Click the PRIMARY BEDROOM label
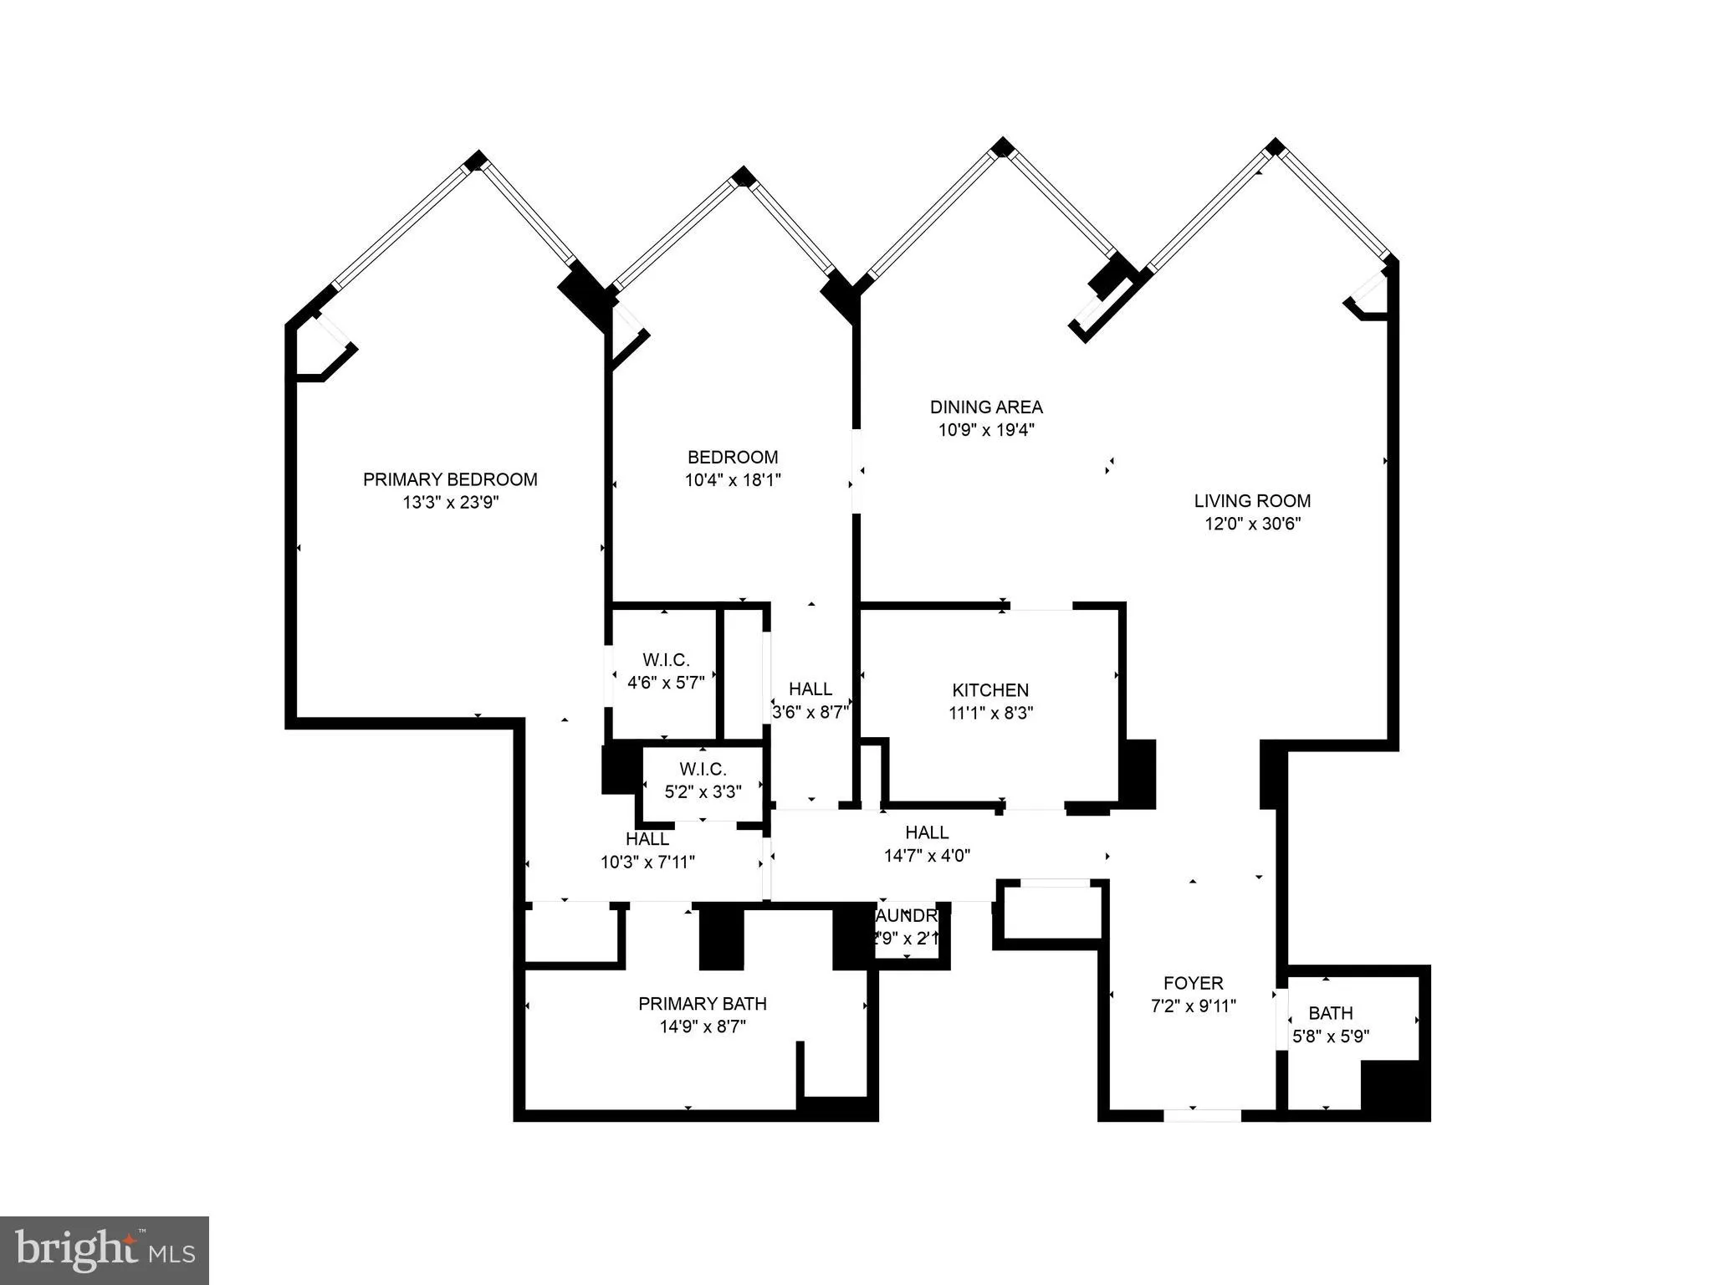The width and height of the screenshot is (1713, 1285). pyautogui.click(x=450, y=479)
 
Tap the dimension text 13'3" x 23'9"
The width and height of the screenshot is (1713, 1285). pyautogui.click(x=450, y=503)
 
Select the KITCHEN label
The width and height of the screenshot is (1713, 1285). pyautogui.click(x=990, y=690)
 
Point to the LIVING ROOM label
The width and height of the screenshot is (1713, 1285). pyautogui.click(x=1252, y=501)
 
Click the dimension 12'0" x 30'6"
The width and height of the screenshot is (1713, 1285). pyautogui.click(x=1252, y=525)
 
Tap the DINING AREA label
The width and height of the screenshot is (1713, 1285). pyautogui.click(x=986, y=407)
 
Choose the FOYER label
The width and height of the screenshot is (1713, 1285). pyautogui.click(x=1193, y=983)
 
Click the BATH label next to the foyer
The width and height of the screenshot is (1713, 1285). pyautogui.click(x=1330, y=1013)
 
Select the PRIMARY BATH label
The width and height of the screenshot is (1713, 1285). pyautogui.click(x=702, y=1004)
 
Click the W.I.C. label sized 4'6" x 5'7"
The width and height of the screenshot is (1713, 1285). pyautogui.click(x=666, y=660)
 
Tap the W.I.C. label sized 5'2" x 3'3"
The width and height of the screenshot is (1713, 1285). pyautogui.click(x=703, y=769)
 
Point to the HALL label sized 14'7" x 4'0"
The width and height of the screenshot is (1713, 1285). pyautogui.click(x=927, y=832)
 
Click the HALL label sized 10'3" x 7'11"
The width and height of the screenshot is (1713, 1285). pyautogui.click(x=647, y=838)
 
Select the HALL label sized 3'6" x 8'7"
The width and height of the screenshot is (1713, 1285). pyautogui.click(x=810, y=689)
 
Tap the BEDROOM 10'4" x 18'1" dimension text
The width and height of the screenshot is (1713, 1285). pyautogui.click(x=733, y=480)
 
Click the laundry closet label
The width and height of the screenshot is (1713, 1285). pyautogui.click(x=908, y=915)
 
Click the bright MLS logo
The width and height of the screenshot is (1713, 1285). pyautogui.click(x=104, y=1250)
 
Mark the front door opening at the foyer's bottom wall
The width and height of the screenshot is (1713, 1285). pyautogui.click(x=1202, y=1115)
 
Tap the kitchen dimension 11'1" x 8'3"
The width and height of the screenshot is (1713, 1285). pyautogui.click(x=990, y=714)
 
